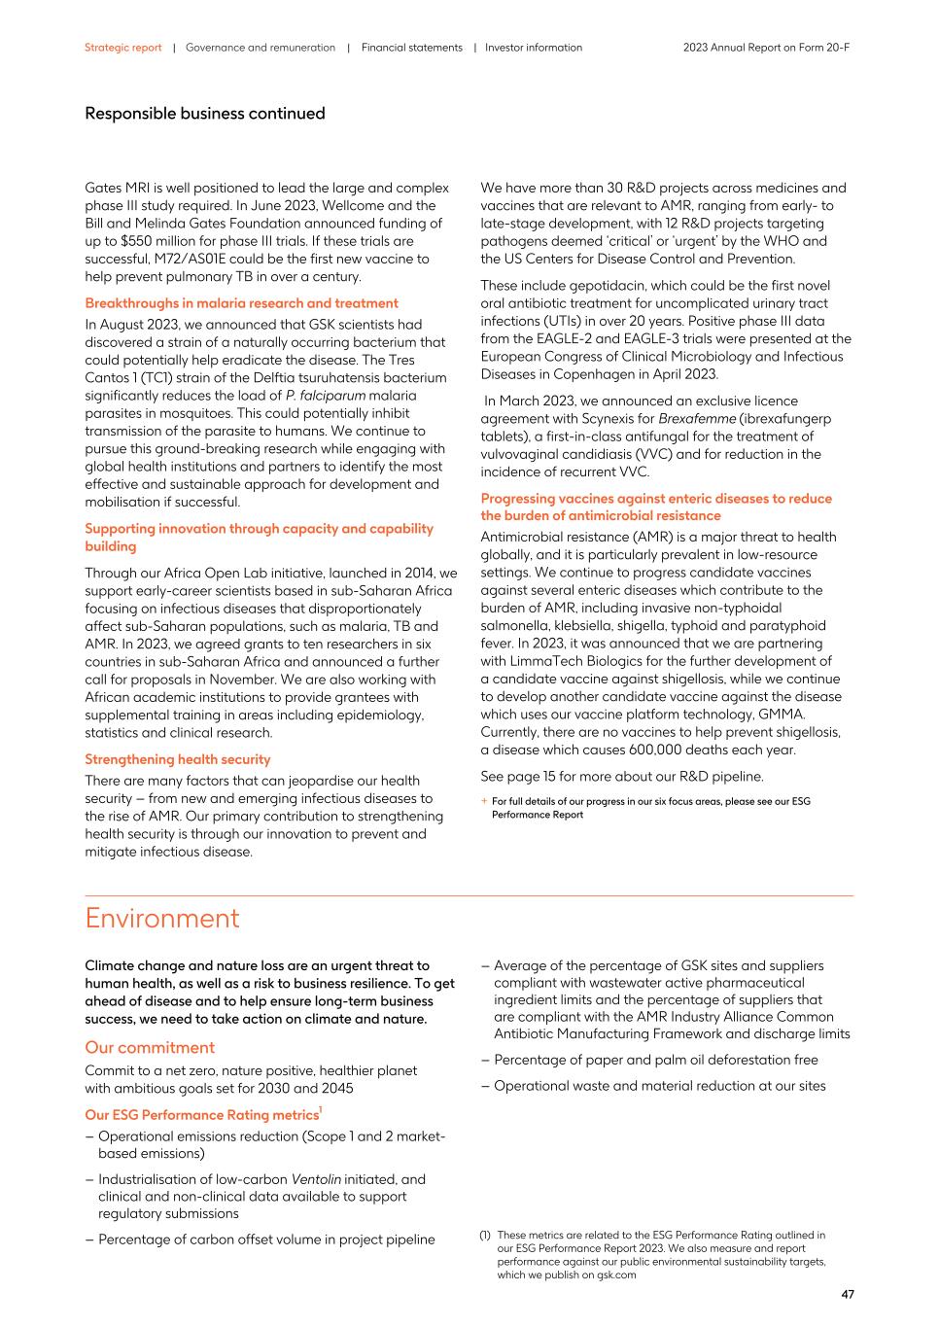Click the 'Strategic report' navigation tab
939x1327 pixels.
(122, 48)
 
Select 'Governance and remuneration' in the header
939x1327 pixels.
(261, 48)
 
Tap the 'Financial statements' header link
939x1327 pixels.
(412, 48)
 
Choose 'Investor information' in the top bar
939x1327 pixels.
(534, 48)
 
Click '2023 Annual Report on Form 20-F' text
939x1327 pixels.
(766, 48)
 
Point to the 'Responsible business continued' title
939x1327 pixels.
(205, 114)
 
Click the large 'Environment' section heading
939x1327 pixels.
(161, 919)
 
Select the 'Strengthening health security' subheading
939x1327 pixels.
(178, 759)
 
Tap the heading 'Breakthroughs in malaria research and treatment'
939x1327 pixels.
(241, 303)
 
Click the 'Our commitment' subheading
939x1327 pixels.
(150, 1047)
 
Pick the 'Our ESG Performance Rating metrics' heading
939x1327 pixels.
(201, 1115)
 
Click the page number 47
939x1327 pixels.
(847, 1294)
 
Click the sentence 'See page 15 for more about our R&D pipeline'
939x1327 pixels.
(621, 776)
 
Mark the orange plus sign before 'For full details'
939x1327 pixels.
(484, 802)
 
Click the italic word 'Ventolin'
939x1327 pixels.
(316, 1179)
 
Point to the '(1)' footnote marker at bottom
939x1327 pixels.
(485, 1236)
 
